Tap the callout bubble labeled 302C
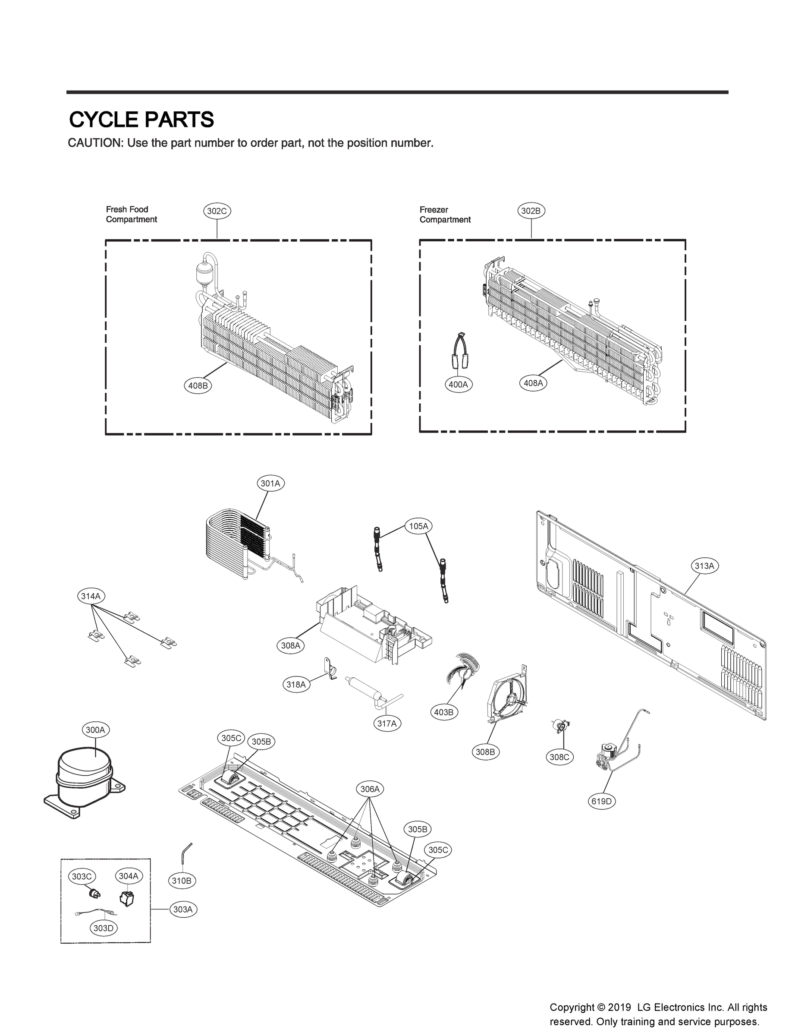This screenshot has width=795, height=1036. click(x=217, y=211)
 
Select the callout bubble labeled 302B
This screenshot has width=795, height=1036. click(x=531, y=211)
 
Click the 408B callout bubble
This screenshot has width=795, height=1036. click(x=198, y=385)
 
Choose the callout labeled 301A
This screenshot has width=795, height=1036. click(x=270, y=483)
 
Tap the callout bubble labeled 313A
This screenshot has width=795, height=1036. click(x=704, y=566)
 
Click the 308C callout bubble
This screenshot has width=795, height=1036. click(x=559, y=757)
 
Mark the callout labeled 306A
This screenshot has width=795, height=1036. click(x=370, y=790)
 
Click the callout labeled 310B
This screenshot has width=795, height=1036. click(x=182, y=881)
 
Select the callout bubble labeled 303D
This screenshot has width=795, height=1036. click(x=104, y=928)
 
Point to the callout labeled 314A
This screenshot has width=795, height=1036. click(x=91, y=596)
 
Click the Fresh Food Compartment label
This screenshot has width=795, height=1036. click(x=131, y=215)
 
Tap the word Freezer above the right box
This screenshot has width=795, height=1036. click(x=434, y=210)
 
